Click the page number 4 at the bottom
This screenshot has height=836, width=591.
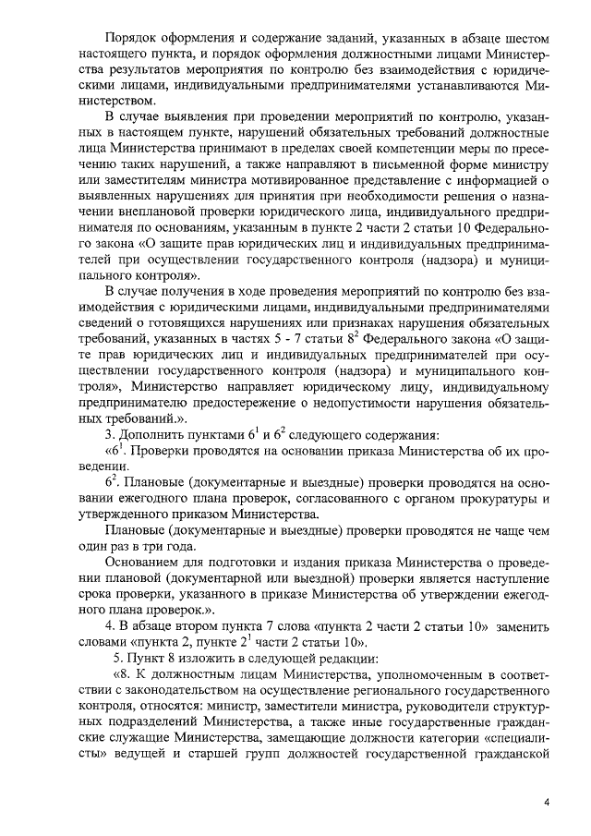click(x=547, y=802)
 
